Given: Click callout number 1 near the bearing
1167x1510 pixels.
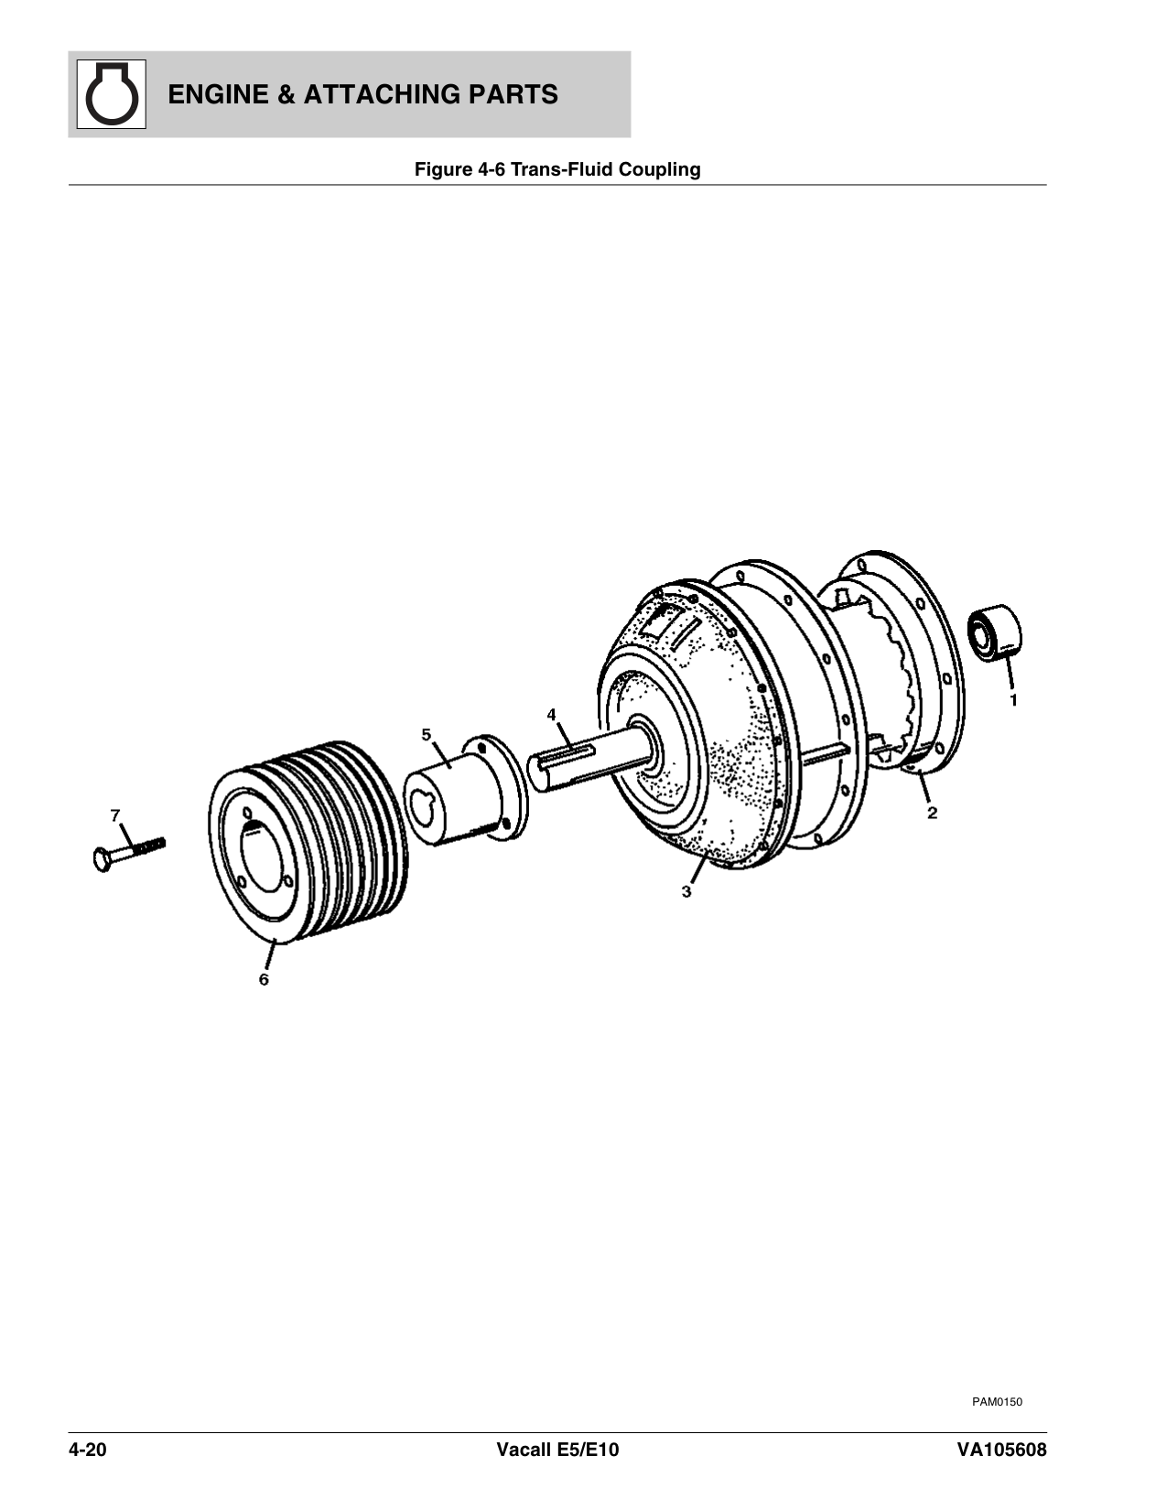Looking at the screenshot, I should (x=1013, y=700).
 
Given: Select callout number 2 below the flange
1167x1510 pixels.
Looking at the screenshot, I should (x=932, y=812).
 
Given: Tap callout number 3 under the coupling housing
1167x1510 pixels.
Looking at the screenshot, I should (x=686, y=890).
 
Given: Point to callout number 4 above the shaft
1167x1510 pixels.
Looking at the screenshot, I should (x=551, y=713).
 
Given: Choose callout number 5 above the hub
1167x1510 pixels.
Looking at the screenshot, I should (x=426, y=734).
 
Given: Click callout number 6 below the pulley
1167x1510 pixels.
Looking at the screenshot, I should (x=264, y=979).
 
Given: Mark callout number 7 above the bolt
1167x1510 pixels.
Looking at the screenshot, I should (x=115, y=814).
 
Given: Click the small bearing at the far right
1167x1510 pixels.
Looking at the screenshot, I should (x=995, y=631).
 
